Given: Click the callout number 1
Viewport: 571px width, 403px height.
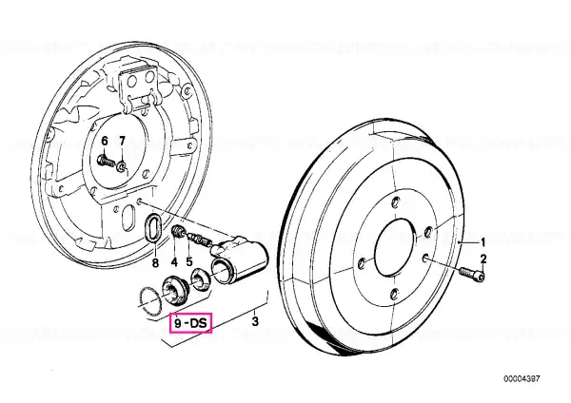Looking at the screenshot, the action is click(x=483, y=242).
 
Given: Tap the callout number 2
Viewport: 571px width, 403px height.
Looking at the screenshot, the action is click(x=483, y=259).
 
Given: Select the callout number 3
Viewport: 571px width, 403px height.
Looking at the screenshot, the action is click(x=255, y=321).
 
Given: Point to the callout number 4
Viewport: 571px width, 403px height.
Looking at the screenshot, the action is click(x=174, y=261).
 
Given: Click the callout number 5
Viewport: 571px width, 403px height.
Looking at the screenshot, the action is click(x=189, y=261).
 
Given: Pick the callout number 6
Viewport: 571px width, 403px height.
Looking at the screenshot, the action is click(x=105, y=141).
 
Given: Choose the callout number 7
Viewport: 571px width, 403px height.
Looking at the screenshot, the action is click(x=122, y=141).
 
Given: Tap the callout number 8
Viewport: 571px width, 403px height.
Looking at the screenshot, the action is click(x=155, y=263).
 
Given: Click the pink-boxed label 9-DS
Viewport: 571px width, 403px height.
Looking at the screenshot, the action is click(x=190, y=322).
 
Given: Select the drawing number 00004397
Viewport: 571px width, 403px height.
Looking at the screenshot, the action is click(x=522, y=379).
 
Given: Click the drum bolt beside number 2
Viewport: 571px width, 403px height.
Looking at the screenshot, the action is click(x=472, y=275).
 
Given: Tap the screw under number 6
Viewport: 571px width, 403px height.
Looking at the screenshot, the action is click(x=106, y=160).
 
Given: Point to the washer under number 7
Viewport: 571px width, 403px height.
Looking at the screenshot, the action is click(x=122, y=167).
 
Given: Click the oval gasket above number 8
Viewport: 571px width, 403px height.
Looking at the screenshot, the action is click(x=145, y=227).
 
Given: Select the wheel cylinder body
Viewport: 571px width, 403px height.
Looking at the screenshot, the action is click(x=240, y=258).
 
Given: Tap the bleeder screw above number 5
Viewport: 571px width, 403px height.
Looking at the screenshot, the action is click(x=200, y=240).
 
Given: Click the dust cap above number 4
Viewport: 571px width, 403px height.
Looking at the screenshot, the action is click(x=177, y=232).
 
